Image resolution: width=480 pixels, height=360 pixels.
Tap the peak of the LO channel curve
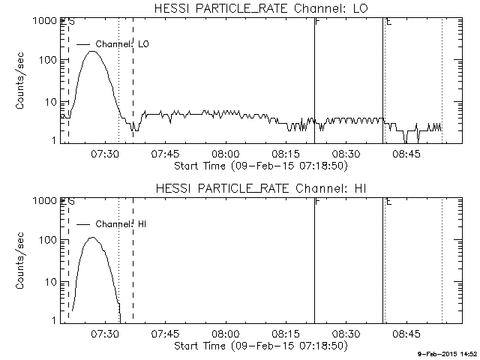(x=92, y=52)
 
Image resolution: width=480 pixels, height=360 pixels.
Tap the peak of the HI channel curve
(x=92, y=238)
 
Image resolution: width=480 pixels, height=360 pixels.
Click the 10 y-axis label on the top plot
(x=50, y=101)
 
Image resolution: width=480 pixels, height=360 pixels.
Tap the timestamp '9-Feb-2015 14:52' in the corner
(x=448, y=352)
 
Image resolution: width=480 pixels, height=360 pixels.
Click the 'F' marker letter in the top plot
(x=318, y=22)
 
